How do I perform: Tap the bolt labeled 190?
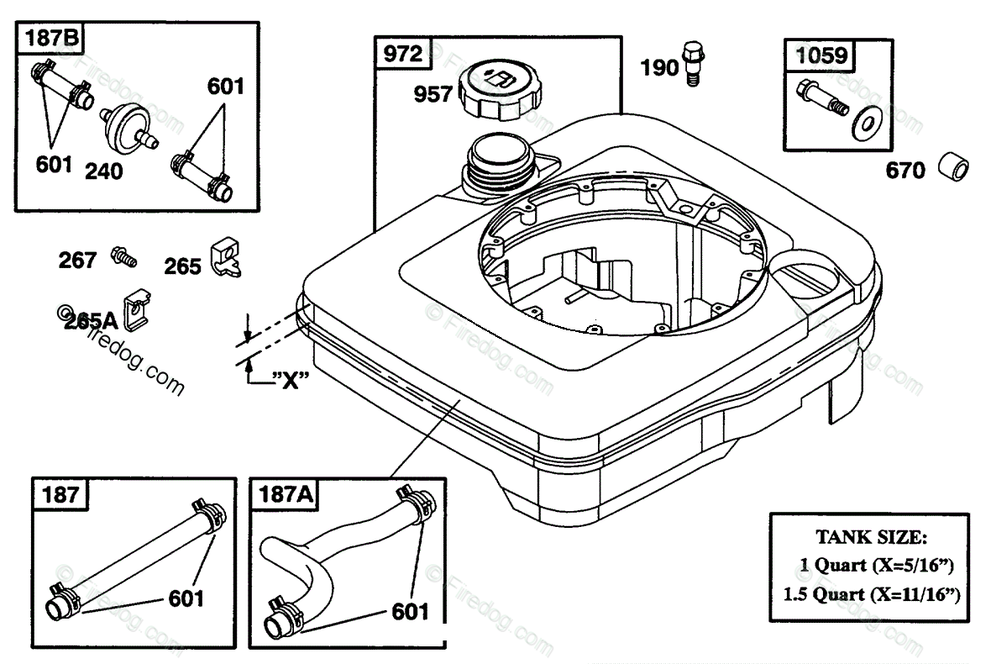tap(692, 61)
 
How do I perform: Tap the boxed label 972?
tap(402, 54)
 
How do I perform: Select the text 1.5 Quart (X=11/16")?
tap(871, 593)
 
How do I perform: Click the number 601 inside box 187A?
tap(409, 611)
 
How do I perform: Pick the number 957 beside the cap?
tap(433, 95)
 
